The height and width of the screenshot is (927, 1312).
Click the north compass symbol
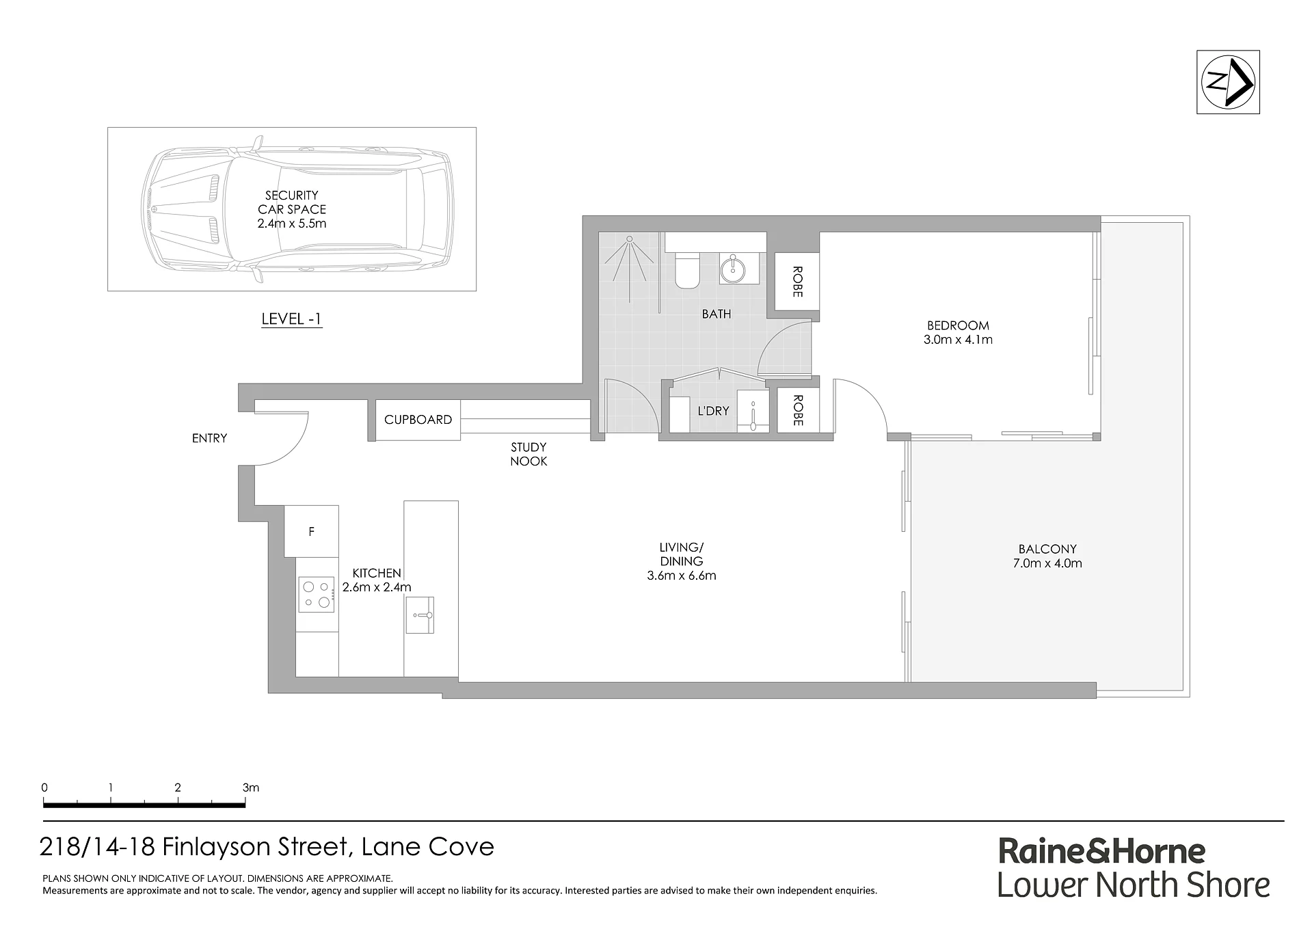[1228, 82]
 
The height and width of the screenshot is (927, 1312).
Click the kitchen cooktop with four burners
[317, 594]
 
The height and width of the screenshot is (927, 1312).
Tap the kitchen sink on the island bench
[419, 615]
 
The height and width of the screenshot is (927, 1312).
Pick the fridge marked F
[311, 531]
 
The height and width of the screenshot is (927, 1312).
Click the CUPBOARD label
[418, 420]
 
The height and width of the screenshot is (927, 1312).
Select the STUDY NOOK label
[528, 454]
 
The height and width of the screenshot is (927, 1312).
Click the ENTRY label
[209, 438]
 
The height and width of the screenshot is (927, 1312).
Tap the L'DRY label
[713, 411]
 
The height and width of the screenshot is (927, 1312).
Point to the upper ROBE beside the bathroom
[797, 282]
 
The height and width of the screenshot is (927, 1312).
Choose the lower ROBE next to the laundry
[797, 410]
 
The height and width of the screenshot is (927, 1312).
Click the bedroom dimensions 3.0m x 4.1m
[958, 340]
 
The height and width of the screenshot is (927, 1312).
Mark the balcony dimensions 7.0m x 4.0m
[1047, 563]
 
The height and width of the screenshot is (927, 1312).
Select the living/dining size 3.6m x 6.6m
[682, 576]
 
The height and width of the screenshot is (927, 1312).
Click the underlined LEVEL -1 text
[292, 319]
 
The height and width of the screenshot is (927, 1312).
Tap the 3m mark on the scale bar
[251, 788]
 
